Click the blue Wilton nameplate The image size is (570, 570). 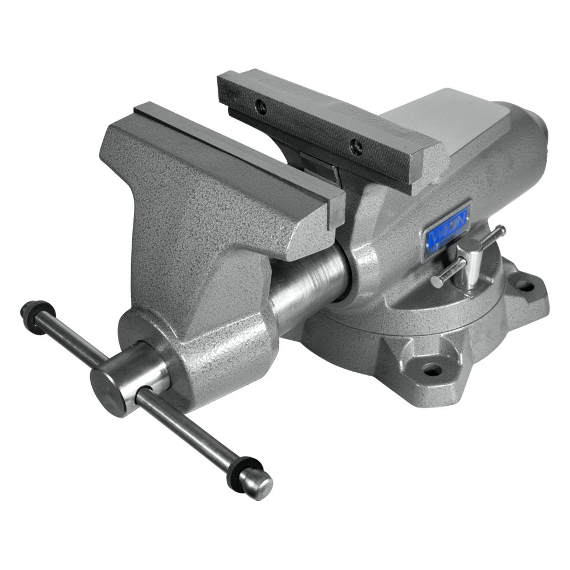tap(446, 231)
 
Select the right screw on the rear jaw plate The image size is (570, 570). tap(357, 147)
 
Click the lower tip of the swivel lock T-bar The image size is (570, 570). tap(436, 283)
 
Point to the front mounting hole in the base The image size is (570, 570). tap(431, 369)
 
